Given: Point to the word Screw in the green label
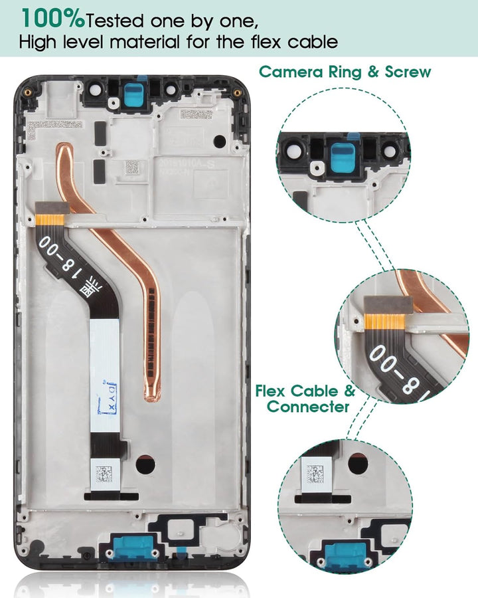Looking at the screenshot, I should tap(407, 72).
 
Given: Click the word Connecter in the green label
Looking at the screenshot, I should tap(307, 406).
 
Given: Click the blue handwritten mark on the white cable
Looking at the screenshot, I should tap(108, 396).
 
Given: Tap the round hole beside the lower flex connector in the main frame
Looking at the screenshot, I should tap(145, 465).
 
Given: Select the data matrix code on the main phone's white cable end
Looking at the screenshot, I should tap(103, 474).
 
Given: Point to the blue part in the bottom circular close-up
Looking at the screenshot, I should tap(345, 553).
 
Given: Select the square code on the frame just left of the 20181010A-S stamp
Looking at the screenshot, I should tap(132, 166).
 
